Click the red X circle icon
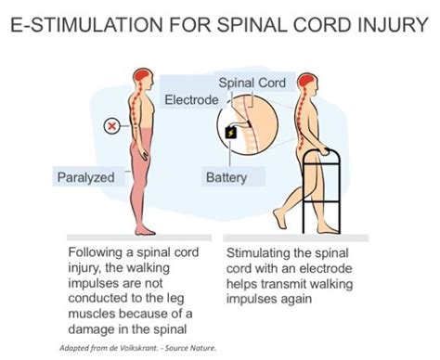click(111, 123)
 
